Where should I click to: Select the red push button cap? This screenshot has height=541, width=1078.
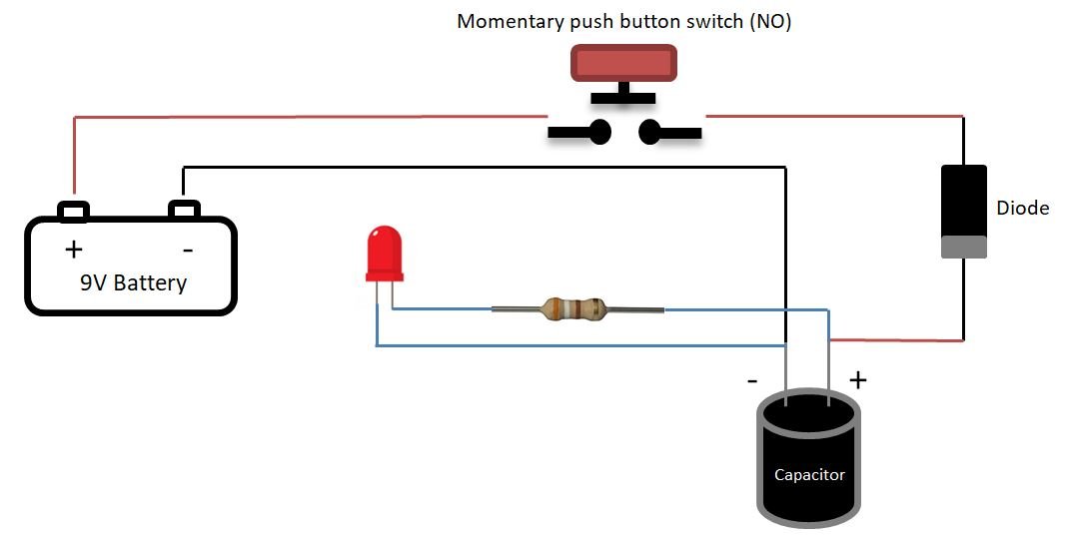623,63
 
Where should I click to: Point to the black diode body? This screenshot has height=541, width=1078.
964,201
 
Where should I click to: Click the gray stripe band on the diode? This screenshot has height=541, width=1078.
964,247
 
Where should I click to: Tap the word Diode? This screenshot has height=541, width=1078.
1023,209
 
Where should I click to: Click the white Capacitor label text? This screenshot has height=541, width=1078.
809,474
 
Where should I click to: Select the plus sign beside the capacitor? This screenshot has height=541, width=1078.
857,379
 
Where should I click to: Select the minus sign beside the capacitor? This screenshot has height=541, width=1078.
751,380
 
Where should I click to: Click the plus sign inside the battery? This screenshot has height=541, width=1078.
73,249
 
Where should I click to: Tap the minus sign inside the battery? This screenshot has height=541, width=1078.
186,249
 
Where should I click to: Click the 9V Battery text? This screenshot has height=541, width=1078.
133,282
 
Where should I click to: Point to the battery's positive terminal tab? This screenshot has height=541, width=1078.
74,212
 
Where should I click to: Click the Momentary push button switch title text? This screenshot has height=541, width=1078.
623,22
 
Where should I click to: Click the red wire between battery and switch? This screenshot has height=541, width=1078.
300,116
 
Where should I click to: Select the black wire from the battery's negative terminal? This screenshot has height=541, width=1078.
480,167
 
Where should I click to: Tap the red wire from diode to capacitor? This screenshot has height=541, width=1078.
899,340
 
